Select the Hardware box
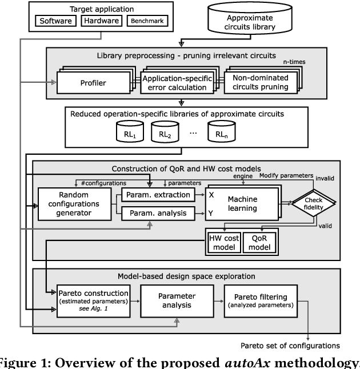click(x=100, y=21)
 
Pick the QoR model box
click(x=259, y=242)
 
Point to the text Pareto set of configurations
click(x=299, y=345)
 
